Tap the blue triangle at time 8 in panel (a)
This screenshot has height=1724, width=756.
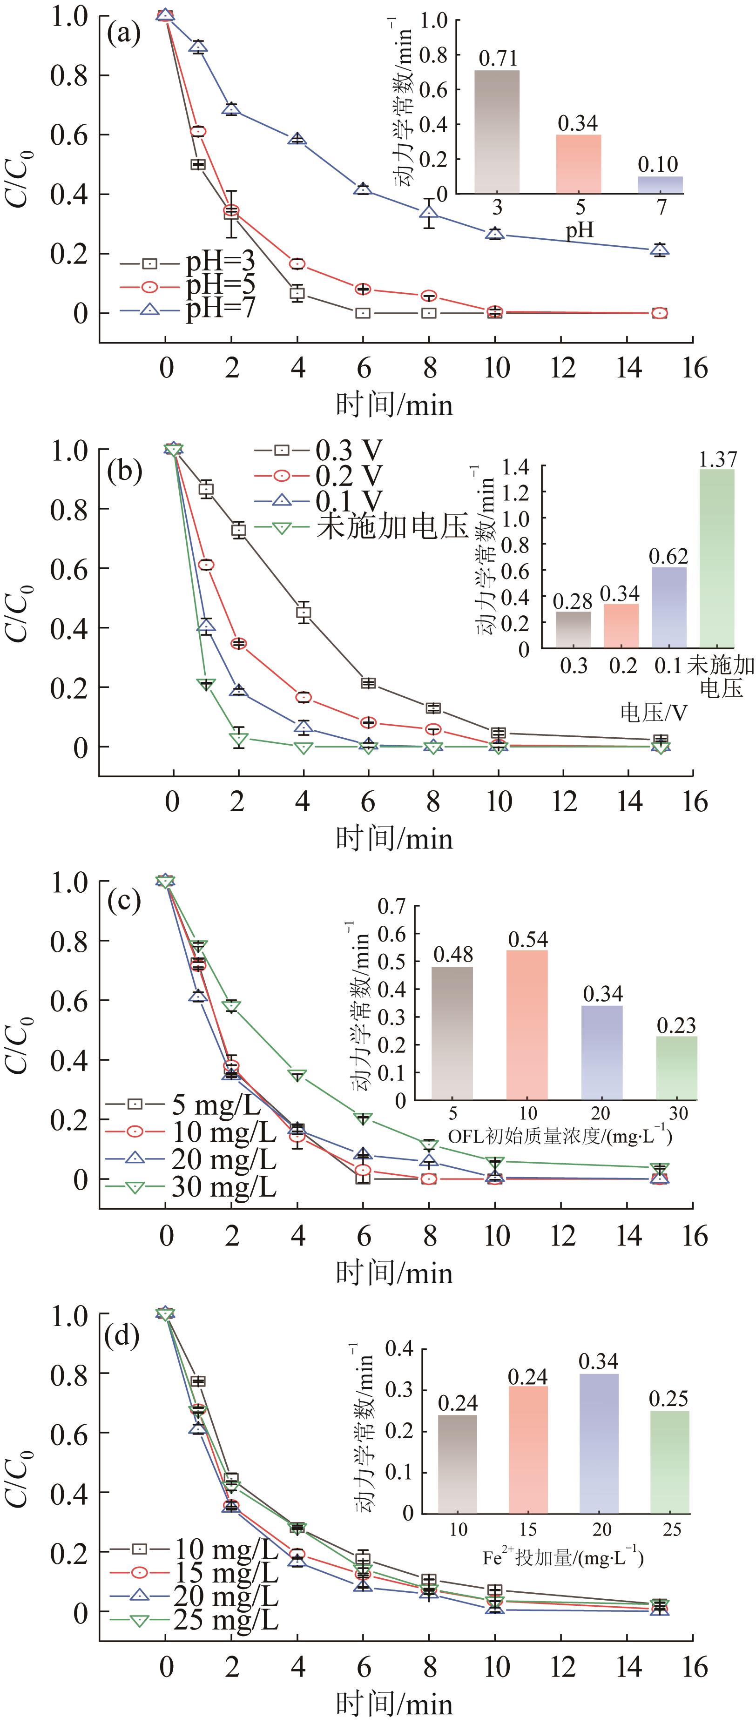[x=429, y=213]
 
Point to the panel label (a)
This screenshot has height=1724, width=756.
[x=124, y=32]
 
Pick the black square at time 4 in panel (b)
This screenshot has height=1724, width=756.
[x=304, y=612]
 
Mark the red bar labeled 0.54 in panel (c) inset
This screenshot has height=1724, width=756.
[x=527, y=1024]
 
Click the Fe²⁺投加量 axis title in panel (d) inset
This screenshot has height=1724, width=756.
[x=562, y=1559]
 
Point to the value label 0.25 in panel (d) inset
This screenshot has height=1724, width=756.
[x=668, y=1398]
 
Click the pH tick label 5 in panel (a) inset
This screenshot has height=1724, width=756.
[x=580, y=207]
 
